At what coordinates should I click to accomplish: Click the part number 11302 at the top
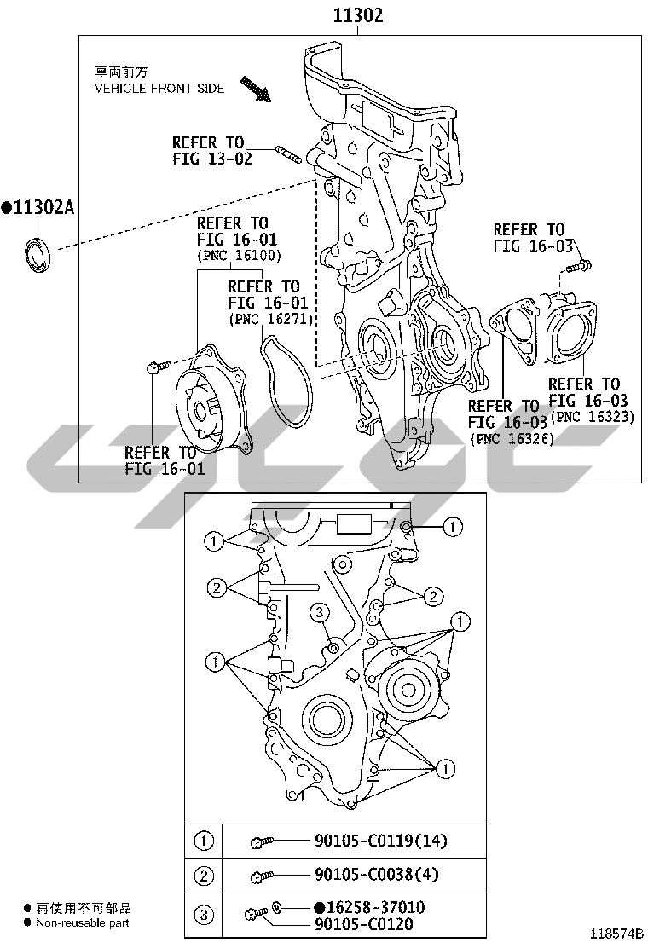point(358,15)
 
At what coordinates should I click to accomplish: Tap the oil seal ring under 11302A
point(38,255)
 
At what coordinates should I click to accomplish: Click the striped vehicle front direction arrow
point(255,89)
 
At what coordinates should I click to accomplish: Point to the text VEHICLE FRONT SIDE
point(159,89)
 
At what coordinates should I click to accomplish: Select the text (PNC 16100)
point(240,255)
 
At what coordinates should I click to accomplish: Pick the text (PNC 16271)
point(271,319)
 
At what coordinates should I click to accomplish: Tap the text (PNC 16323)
point(593,417)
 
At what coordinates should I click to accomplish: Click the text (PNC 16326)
point(512,439)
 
